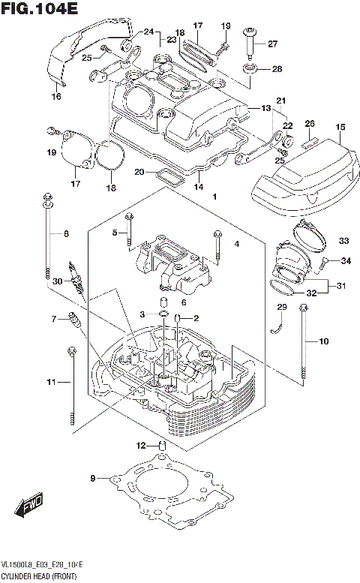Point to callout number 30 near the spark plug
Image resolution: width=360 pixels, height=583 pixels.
pos(56,281)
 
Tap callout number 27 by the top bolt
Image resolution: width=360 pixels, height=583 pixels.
pos(272,43)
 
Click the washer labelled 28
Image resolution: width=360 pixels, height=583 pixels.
pos(251,70)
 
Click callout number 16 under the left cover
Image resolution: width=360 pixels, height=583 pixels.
pos(56,96)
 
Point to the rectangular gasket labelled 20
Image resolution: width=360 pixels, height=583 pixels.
pos(169,179)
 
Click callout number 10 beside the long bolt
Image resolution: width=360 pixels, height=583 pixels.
pos(323,342)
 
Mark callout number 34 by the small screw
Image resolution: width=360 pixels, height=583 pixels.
pos(346,260)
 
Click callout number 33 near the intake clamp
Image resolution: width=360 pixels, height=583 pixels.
pos(343,241)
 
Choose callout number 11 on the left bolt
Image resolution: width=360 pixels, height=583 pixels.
pos(51,383)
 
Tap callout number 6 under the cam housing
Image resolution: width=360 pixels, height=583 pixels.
pos(183,302)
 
